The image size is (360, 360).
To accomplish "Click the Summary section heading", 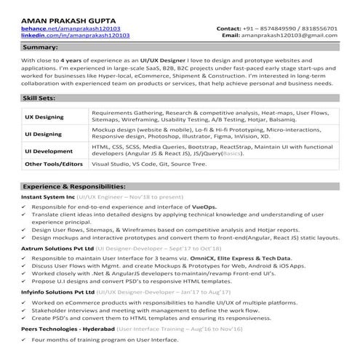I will (41, 47).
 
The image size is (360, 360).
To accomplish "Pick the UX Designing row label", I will (44, 116).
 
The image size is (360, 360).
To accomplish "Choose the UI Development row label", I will (48, 151).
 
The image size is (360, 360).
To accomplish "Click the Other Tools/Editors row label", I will (54, 164).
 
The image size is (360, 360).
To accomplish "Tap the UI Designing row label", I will (43, 134).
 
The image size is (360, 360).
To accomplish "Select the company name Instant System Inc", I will (48, 197).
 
